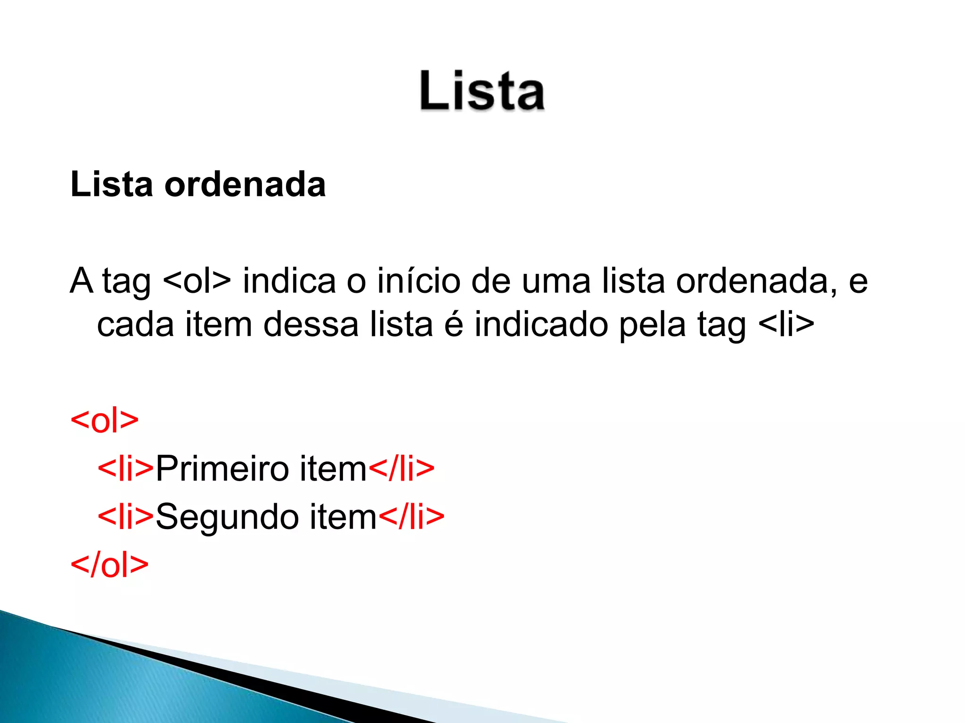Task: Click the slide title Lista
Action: tap(482, 90)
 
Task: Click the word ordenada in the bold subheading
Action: tap(245, 184)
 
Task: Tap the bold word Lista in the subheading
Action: tap(112, 184)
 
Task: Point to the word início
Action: tap(418, 281)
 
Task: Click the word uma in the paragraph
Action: tap(556, 281)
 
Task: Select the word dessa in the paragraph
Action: tap(311, 324)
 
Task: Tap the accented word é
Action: tap(454, 324)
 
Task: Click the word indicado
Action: tap(541, 324)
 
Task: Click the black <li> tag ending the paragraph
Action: tap(787, 324)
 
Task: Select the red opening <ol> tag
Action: tap(104, 420)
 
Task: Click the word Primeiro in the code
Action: tap(222, 469)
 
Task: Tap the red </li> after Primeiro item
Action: tap(401, 469)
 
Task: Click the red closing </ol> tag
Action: tap(109, 565)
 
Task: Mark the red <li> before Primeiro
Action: tap(125, 469)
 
